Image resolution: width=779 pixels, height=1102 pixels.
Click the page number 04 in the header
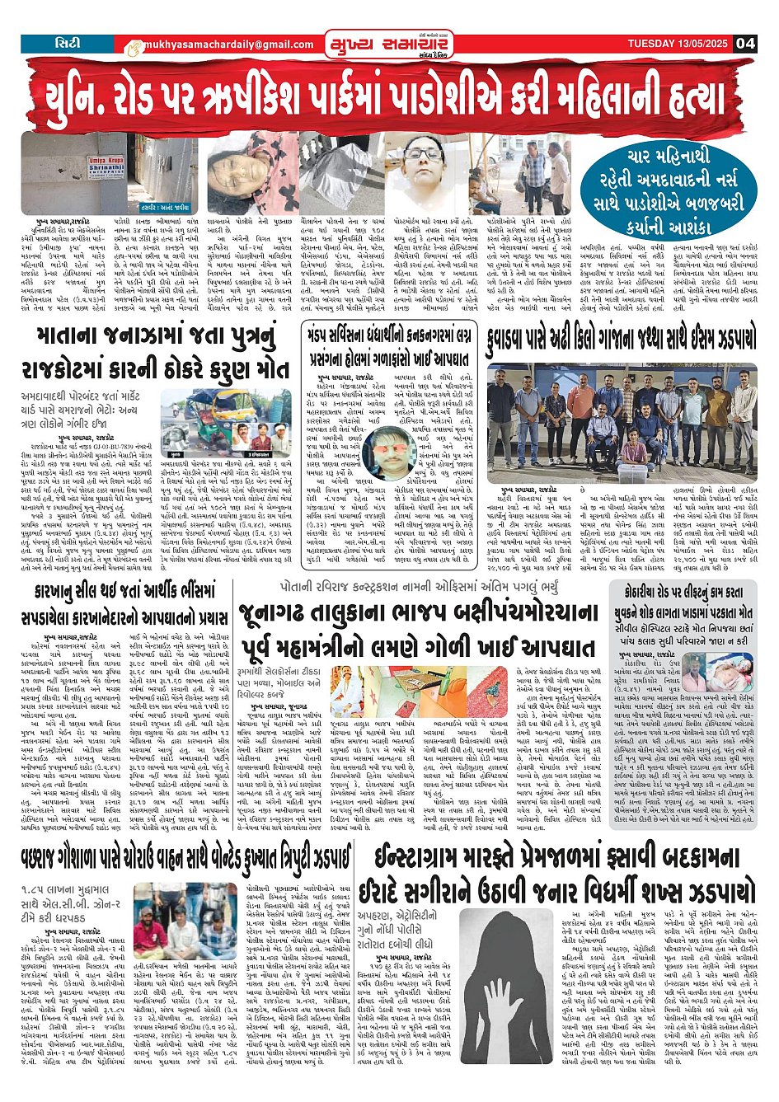745,44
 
